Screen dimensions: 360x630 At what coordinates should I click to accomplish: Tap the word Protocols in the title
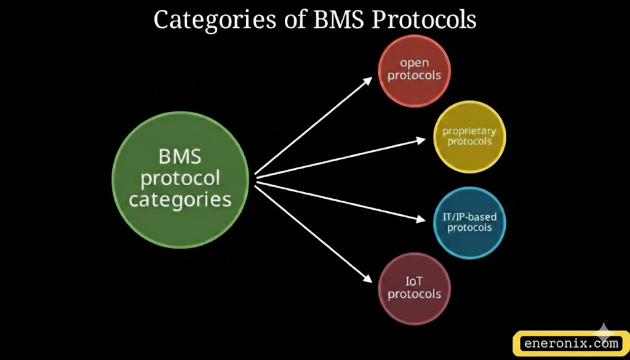point(425,20)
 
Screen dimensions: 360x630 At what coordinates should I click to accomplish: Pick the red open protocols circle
point(414,70)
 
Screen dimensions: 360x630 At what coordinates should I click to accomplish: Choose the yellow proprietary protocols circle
point(469,137)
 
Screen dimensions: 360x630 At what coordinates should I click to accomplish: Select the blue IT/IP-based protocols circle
point(469,223)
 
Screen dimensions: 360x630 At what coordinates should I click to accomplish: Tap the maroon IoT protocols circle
point(414,287)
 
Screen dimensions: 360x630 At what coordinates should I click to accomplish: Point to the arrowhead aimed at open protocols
point(368,80)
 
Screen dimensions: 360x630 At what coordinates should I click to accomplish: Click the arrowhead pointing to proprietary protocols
point(421,140)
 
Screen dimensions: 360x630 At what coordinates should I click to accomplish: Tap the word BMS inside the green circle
point(180,156)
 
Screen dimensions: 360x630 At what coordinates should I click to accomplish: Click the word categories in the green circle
point(180,199)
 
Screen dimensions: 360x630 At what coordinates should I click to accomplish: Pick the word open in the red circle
point(414,62)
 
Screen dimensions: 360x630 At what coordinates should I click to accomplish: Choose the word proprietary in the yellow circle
point(469,130)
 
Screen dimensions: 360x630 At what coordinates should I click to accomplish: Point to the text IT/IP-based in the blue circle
point(469,217)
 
